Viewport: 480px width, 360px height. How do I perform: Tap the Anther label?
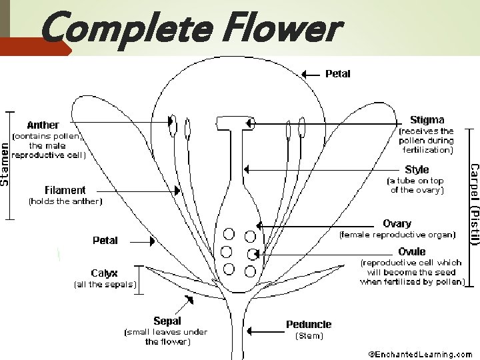tap(43, 125)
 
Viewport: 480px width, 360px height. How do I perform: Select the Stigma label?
tap(427, 120)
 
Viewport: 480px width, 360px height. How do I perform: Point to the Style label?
tap(417, 169)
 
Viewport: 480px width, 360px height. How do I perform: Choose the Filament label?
tap(65, 190)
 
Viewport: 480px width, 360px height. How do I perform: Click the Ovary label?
tap(397, 223)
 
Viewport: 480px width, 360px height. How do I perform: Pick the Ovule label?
tap(412, 251)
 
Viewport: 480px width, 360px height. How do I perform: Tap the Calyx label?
tap(104, 273)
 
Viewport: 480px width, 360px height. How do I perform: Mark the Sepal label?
tap(167, 321)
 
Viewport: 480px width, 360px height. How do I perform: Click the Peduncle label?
tap(309, 324)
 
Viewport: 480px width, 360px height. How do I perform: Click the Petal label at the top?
tap(337, 73)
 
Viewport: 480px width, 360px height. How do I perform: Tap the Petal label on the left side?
tap(105, 240)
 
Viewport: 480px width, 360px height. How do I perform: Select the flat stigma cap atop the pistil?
tap(234, 121)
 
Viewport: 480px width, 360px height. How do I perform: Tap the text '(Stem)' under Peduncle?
tap(309, 336)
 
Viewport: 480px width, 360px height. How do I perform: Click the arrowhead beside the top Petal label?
tap(305, 74)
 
